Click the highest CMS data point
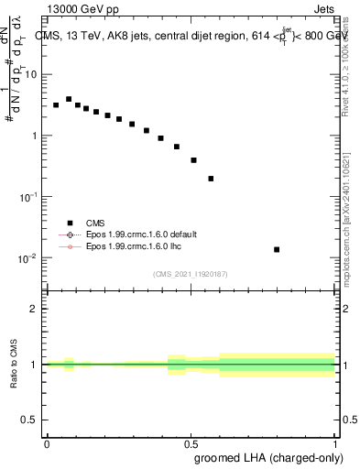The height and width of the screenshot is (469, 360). [69, 99]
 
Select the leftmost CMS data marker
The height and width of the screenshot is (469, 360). [56, 105]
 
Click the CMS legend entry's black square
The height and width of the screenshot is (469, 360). [70, 223]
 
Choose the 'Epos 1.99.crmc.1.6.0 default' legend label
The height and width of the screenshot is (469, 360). [143, 234]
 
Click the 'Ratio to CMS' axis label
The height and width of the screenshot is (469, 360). [14, 364]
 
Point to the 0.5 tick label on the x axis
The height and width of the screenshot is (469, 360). [191, 442]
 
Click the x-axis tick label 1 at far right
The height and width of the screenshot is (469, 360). [336, 442]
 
